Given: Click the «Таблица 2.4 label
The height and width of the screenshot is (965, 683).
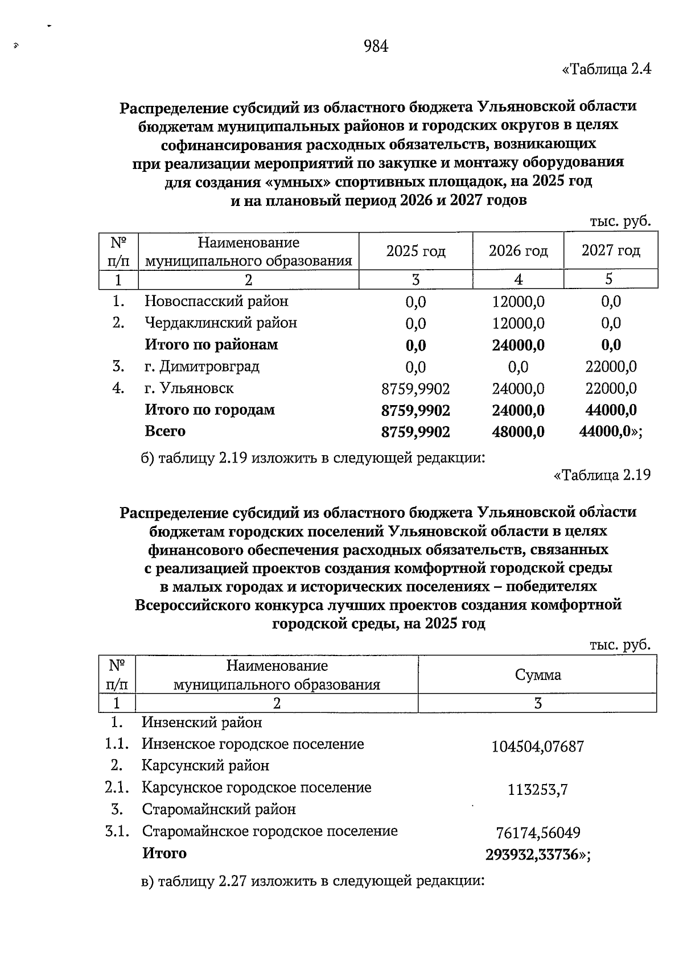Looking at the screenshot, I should click(606, 70).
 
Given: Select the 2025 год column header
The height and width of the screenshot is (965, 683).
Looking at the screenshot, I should click(415, 251).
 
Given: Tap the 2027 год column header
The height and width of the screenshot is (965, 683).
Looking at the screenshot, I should click(610, 250).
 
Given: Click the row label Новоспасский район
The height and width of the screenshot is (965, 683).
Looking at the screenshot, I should click(216, 301).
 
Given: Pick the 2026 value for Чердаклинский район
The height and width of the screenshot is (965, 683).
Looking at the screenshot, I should click(518, 323).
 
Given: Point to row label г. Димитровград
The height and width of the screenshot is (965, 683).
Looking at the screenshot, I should click(202, 366).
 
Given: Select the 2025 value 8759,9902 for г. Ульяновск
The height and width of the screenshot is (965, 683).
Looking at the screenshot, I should click(415, 389).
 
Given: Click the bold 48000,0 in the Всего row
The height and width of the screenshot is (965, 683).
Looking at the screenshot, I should click(518, 432).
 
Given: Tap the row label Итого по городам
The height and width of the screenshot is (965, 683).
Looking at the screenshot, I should click(209, 410).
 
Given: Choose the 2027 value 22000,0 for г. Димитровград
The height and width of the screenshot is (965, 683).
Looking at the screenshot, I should click(611, 367).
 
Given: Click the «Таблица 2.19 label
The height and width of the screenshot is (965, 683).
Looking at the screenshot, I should click(602, 475).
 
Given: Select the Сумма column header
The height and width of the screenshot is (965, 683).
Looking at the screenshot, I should click(537, 675).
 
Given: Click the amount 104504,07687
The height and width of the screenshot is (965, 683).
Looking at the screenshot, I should click(538, 747).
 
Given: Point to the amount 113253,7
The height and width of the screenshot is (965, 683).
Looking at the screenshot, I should click(538, 790).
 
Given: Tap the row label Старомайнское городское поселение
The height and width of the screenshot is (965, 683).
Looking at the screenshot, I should click(270, 831).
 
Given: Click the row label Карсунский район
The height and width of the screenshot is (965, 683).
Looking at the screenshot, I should click(205, 766).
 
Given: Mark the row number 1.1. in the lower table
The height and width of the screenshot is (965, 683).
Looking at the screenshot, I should click(117, 744).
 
